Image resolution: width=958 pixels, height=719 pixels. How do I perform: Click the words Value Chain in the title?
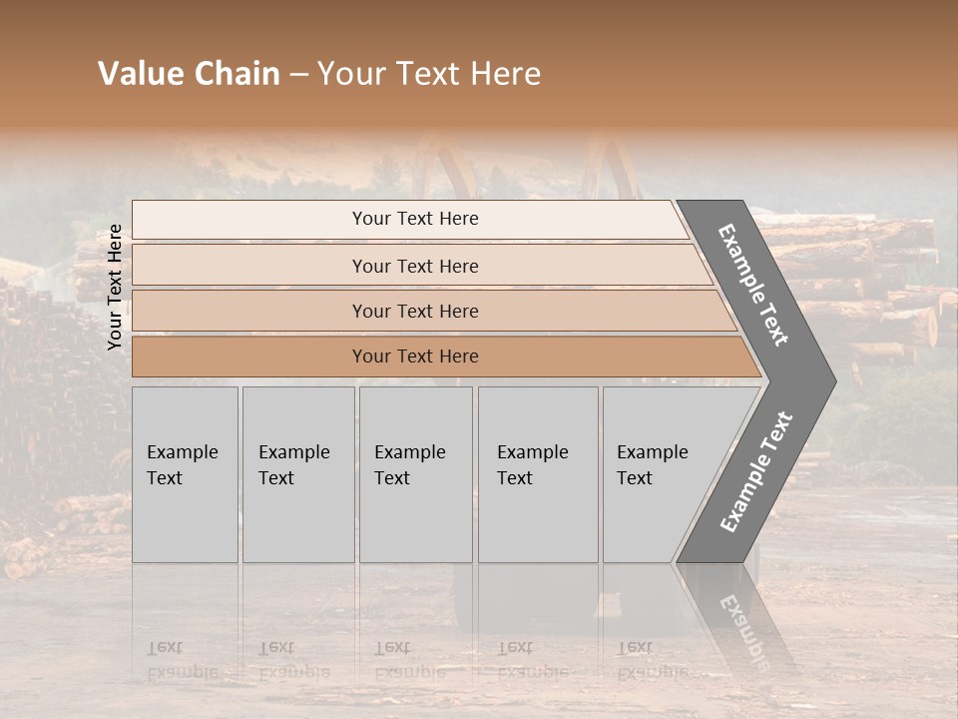(189, 74)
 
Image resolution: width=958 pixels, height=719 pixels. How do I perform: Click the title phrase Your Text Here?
(429, 74)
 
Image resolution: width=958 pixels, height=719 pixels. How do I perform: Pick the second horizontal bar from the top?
(415, 266)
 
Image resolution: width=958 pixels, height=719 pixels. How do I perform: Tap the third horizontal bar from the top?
(415, 311)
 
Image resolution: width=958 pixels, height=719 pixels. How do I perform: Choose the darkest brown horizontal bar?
(415, 357)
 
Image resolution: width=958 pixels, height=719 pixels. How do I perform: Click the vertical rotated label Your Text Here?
(115, 287)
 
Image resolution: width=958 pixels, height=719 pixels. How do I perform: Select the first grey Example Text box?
(185, 474)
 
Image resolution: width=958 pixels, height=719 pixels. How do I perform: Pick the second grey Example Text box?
(297, 474)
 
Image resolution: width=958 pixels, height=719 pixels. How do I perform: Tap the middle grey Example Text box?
(415, 474)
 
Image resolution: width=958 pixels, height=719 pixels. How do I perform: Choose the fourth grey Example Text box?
(537, 474)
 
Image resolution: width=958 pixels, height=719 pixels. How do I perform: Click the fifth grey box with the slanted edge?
(659, 474)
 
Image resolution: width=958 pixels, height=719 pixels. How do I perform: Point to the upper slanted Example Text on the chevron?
(753, 285)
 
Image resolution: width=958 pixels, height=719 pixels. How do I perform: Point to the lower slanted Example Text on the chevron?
(756, 471)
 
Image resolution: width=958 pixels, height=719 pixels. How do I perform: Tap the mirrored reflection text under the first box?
(182, 660)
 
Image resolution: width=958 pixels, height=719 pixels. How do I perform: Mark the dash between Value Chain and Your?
(298, 75)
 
